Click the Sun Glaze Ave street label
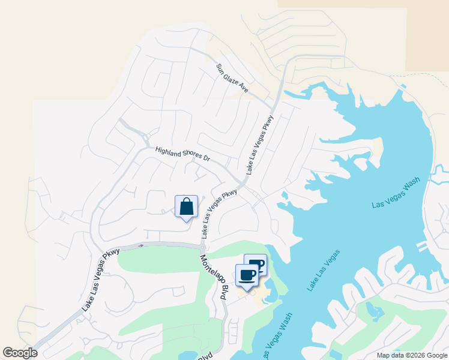pyautogui.click(x=232, y=78)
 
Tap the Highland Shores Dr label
pyautogui.click(x=182, y=154)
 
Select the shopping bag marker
pyautogui.click(x=187, y=207)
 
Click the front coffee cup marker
pyautogui.click(x=247, y=275)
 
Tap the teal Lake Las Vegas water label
pyautogui.click(x=324, y=270)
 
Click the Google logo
pyautogui.click(x=20, y=353)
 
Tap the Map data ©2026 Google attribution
pyautogui.click(x=411, y=355)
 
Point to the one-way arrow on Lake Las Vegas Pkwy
pyautogui.click(x=141, y=245)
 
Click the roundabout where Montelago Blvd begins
pyautogui.click(x=203, y=247)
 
